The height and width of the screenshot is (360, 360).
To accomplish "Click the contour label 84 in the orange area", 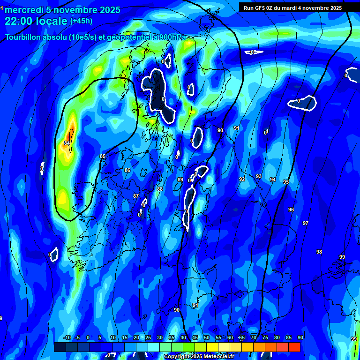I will point(67,143).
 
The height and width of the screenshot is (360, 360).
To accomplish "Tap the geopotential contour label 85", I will point(103,156).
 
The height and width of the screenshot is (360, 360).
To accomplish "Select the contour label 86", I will point(127,170).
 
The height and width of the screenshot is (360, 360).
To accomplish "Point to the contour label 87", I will point(136,196).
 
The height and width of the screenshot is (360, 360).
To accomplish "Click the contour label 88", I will point(160,189).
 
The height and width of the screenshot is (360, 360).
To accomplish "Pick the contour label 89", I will point(180,180).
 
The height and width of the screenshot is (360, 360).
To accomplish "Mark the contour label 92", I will point(242,179).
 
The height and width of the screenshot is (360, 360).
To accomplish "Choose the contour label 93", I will point(259,176).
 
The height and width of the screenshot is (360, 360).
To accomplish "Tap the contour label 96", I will point(291,210).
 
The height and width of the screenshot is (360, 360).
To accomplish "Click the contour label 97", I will point(306,223).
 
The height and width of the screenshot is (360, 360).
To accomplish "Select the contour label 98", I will point(319,252).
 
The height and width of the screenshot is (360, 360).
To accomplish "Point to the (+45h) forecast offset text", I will point(82,21).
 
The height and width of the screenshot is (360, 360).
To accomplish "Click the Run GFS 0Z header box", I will point(292,8).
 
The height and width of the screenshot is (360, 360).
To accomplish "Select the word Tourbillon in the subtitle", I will point(23,37).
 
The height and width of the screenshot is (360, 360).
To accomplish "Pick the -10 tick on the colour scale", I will point(66,337).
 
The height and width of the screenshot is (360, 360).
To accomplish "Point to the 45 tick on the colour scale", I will point(195,337).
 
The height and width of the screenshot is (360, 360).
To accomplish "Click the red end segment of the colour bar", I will point(294,347).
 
